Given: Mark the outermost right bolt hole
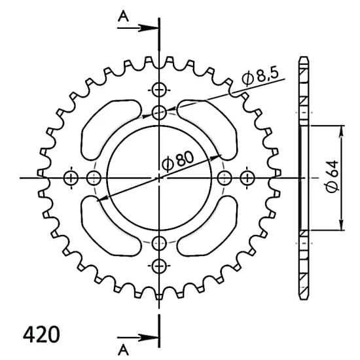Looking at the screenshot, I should (247, 177).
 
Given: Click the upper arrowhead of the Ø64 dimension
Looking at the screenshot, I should (340, 129).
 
